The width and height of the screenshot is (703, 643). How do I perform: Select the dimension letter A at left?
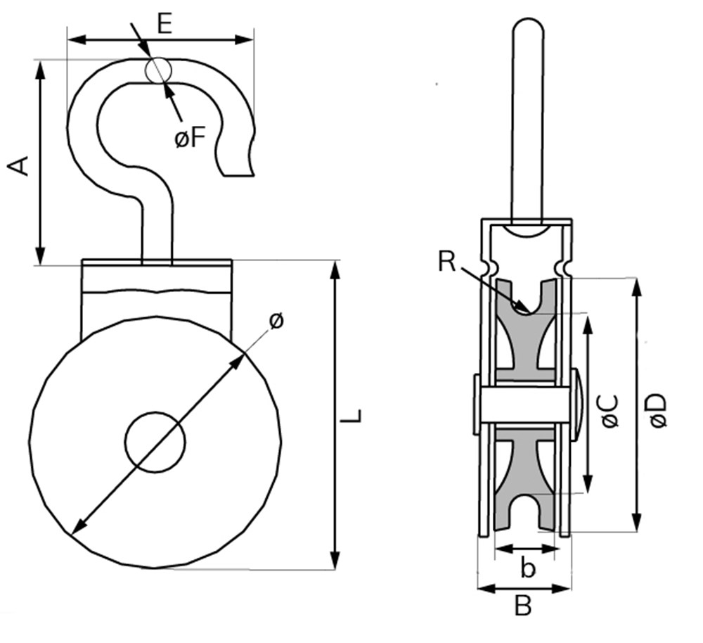click(19, 166)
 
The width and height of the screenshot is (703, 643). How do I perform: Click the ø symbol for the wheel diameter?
click(276, 321)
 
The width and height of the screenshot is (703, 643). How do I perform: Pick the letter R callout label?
click(446, 261)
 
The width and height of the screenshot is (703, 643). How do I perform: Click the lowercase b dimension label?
click(525, 568)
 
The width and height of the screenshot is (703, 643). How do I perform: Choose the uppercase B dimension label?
click(522, 606)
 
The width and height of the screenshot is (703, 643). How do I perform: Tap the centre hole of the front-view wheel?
click(155, 442)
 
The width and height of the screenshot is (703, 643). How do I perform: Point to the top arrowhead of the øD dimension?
click(637, 286)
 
